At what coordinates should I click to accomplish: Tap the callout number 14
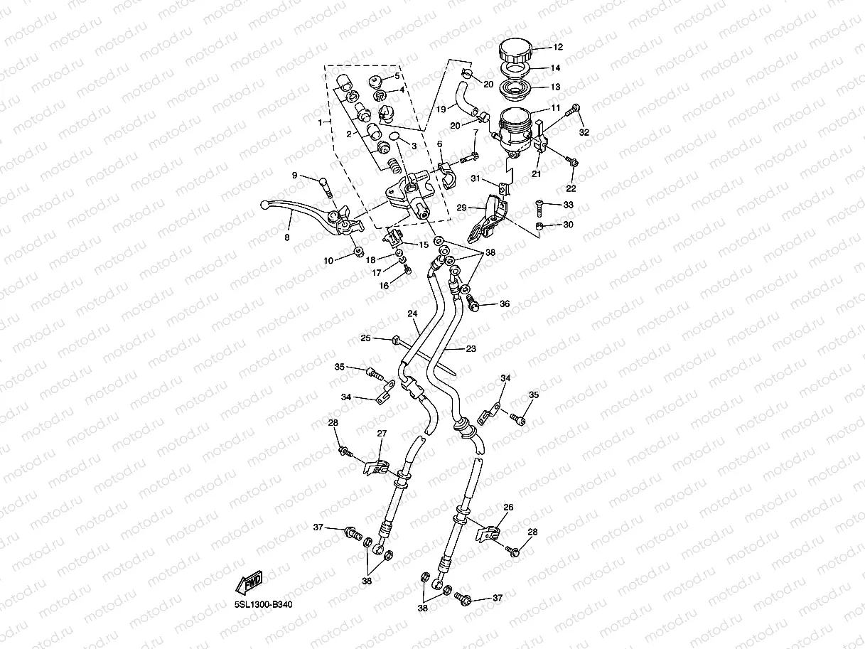pos(556,68)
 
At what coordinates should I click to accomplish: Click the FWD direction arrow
pos(250,584)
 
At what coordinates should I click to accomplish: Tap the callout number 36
pos(505,304)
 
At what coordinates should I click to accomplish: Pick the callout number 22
pos(571,188)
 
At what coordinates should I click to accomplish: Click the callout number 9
pos(294,176)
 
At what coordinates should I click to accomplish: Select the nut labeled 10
pos(358,251)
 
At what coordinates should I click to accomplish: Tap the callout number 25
pos(366,338)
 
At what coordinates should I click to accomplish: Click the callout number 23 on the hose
pos(471,349)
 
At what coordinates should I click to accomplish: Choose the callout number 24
pos(412,313)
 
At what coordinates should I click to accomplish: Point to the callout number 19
pos(441,109)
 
